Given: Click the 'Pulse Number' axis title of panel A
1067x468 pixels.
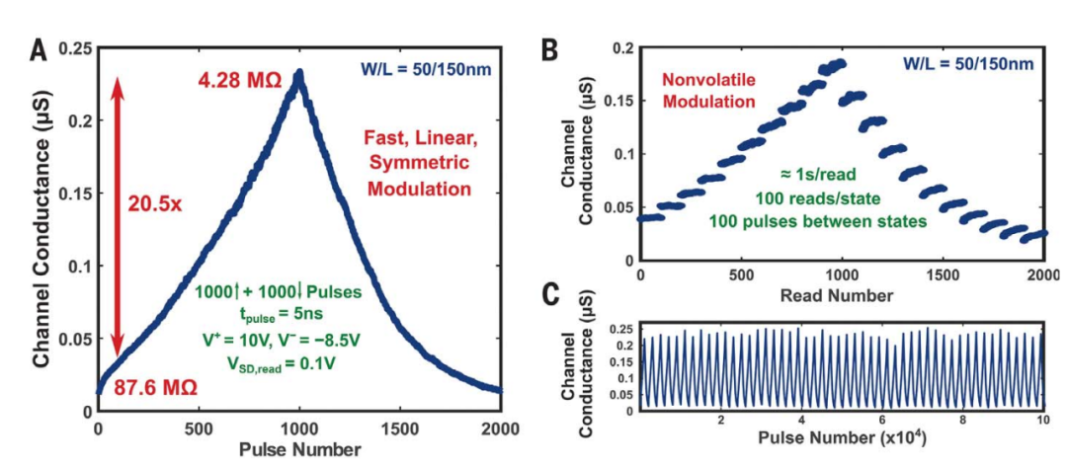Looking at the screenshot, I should pos(299,449).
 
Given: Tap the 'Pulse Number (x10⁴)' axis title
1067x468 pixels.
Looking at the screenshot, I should pos(842,435).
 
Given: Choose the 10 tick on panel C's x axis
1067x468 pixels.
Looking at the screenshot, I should pos(1041,420).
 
